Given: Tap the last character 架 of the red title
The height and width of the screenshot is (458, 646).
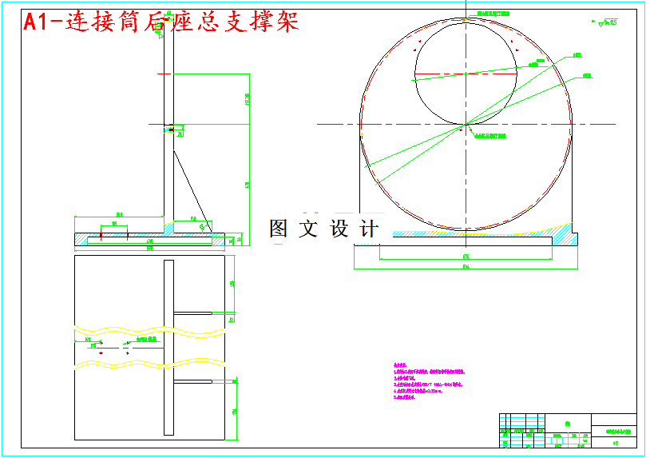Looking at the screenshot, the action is (285, 22).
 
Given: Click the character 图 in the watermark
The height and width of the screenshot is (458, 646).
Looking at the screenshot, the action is (279, 229).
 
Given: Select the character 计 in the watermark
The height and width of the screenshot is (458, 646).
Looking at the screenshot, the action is (369, 229).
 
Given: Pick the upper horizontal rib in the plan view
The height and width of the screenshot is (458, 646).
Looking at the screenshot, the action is (192, 312).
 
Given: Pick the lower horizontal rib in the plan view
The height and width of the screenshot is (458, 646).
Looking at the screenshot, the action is (192, 382).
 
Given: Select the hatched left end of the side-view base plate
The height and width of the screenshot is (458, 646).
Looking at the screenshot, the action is (82, 239).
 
